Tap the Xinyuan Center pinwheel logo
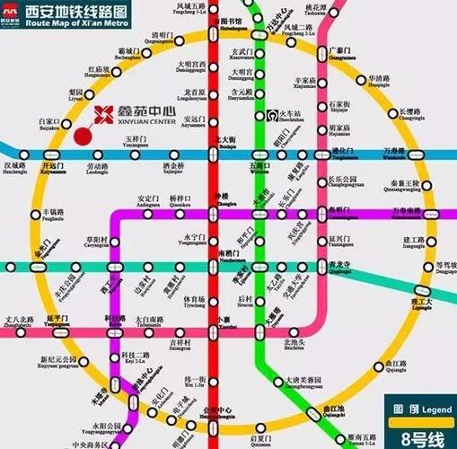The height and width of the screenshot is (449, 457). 104,114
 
